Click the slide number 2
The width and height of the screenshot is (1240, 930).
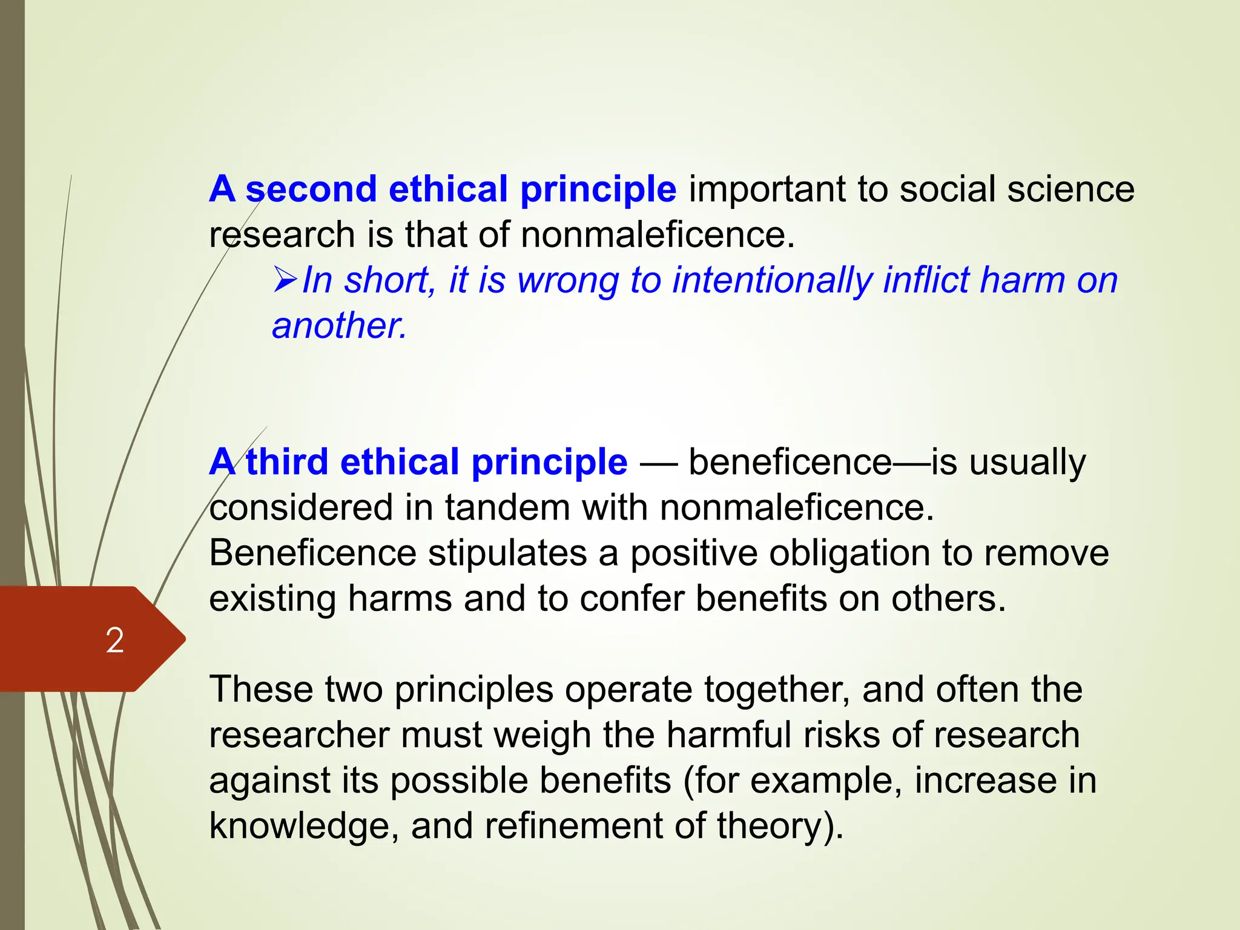(x=114, y=640)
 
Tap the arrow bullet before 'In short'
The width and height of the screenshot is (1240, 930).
(x=285, y=280)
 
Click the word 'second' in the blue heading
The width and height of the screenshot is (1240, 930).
(x=311, y=189)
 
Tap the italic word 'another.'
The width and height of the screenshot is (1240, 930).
(x=339, y=326)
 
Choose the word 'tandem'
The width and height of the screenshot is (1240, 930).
(x=507, y=507)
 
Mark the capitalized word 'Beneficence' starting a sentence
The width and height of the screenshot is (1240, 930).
(x=312, y=553)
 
